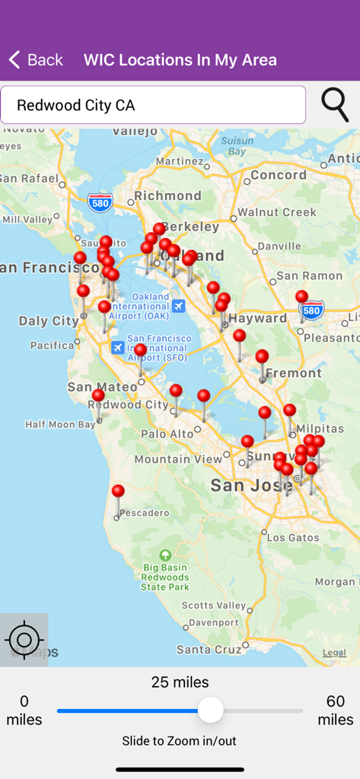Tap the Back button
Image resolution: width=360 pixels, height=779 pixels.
tap(36, 60)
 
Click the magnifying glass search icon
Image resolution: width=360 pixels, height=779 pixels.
tap(335, 104)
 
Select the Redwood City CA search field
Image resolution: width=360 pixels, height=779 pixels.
tap(153, 105)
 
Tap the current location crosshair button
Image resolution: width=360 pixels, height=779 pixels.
tap(24, 640)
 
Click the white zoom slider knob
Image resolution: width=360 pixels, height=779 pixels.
tap(211, 711)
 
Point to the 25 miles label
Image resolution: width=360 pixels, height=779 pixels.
tap(180, 682)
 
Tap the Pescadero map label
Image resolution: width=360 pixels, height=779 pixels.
tap(144, 513)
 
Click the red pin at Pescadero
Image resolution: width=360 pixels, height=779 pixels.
tap(118, 492)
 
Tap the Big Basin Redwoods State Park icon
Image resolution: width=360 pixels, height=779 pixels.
tap(165, 555)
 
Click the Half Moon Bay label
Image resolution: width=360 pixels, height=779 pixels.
tap(61, 424)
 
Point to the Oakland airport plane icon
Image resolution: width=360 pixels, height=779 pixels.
tap(178, 306)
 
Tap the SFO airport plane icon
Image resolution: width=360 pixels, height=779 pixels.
tap(117, 347)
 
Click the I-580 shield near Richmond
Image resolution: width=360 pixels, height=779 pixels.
tap(100, 202)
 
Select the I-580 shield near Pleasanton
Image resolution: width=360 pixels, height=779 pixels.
tap(312, 310)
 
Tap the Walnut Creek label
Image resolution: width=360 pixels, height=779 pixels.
tap(277, 212)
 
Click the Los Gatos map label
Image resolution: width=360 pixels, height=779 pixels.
tap(293, 538)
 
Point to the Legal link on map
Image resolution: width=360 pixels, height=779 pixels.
tap(334, 653)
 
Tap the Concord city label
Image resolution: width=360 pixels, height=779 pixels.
tap(278, 175)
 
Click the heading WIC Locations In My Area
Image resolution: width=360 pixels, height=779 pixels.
tap(180, 60)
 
